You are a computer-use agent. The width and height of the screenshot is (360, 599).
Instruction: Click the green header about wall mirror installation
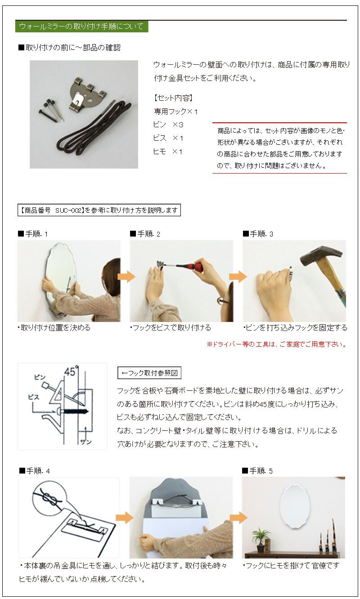click(x=81, y=27)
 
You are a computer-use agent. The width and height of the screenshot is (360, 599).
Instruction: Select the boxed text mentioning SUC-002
click(x=99, y=210)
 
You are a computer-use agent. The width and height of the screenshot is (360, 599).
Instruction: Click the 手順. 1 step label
click(x=32, y=234)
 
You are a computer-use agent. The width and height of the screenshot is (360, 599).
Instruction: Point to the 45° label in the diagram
click(x=71, y=372)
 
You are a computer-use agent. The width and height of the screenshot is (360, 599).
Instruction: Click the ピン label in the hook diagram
click(x=40, y=377)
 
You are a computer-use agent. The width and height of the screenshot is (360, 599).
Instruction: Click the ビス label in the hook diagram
click(x=33, y=398)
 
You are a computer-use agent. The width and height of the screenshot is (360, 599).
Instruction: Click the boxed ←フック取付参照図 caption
click(x=149, y=373)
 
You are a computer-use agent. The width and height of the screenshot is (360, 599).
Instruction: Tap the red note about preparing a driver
click(x=276, y=344)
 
